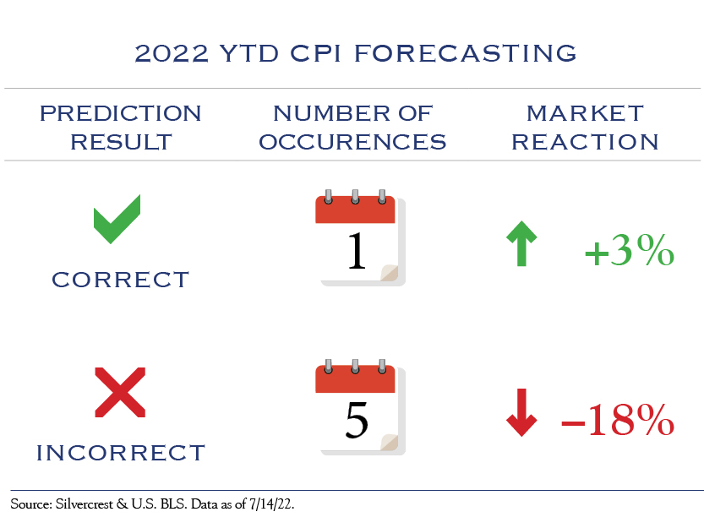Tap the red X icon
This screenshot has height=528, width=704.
click(x=120, y=392)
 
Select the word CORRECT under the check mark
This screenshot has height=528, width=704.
click(x=120, y=280)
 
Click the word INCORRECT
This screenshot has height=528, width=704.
click(x=120, y=453)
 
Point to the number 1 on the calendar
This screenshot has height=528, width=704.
click(x=357, y=251)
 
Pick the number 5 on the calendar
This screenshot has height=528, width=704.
click(x=357, y=420)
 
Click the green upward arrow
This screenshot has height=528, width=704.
click(x=521, y=243)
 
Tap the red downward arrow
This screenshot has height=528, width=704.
click(x=521, y=412)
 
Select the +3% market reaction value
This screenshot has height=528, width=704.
click(x=630, y=251)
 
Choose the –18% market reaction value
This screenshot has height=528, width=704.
click(x=618, y=420)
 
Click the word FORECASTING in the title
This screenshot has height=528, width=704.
click(x=465, y=53)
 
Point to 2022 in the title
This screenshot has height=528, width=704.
click(x=172, y=53)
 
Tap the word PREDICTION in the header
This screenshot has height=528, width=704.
click(x=120, y=113)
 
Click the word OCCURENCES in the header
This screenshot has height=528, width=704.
click(x=352, y=142)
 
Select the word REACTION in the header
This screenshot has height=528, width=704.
click(x=585, y=142)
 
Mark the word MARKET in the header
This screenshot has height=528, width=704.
click(x=585, y=113)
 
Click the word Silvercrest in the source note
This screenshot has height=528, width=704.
click(x=84, y=504)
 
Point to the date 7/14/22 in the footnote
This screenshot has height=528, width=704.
click(x=270, y=504)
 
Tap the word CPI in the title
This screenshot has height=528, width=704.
click(x=315, y=53)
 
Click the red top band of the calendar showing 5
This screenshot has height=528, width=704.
click(x=355, y=379)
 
